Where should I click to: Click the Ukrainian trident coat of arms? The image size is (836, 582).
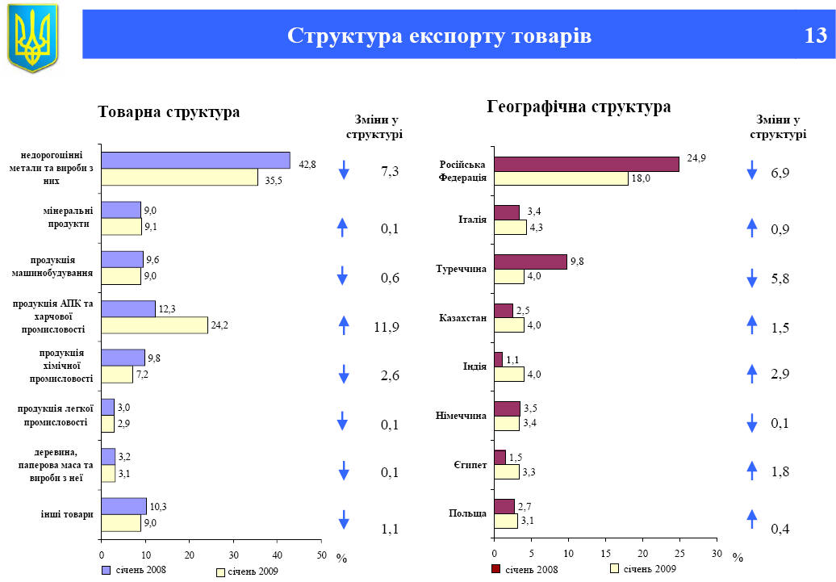33,36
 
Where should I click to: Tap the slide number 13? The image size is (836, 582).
815,36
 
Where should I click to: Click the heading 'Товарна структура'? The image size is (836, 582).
169,112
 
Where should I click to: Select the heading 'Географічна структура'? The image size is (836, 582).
579,107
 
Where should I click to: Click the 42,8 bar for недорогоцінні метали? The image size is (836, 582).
195,160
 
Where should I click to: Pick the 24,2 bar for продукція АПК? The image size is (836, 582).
154,324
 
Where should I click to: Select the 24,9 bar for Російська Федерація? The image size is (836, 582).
587,164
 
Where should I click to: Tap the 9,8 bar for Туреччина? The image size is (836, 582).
530,262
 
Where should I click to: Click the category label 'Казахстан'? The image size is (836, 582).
463,318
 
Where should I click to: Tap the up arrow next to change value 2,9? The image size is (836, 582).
752,373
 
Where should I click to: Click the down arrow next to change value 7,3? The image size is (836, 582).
344,170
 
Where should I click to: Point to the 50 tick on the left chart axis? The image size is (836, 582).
320,555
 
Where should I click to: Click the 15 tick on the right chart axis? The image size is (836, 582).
605,554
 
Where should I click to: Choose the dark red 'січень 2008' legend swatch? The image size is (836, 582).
495,569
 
